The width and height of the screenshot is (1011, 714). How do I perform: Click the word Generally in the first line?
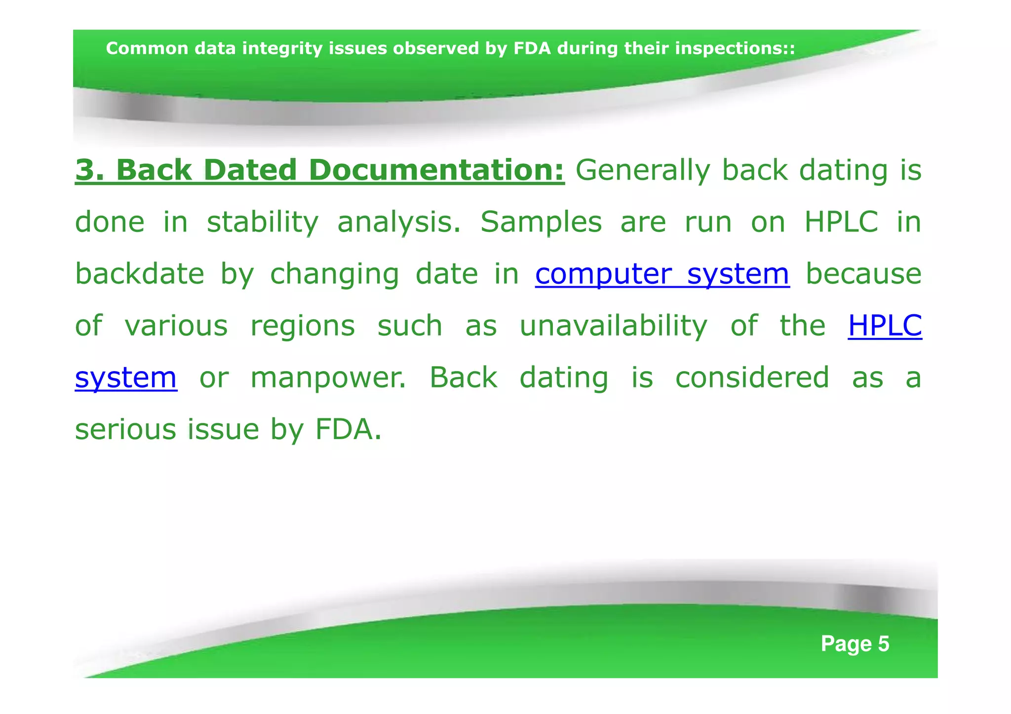643,171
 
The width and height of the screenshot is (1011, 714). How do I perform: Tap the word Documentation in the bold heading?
436,171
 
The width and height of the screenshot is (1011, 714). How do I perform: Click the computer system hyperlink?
662,274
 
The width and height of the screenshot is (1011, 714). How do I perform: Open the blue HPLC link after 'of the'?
885,326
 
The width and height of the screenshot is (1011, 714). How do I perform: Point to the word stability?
263,223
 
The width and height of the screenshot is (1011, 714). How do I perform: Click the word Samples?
541,223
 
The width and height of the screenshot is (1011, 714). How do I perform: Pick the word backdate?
139,274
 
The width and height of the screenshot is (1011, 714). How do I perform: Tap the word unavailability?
614,326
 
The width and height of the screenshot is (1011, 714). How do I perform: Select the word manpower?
328,378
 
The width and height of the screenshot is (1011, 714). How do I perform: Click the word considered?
752,378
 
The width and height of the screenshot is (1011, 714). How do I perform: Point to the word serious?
125,429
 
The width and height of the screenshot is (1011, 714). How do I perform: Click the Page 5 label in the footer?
855,644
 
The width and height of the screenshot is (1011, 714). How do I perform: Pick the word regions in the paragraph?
303,326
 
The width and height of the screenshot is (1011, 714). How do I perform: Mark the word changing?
334,274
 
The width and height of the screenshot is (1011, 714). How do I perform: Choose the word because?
863,274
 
